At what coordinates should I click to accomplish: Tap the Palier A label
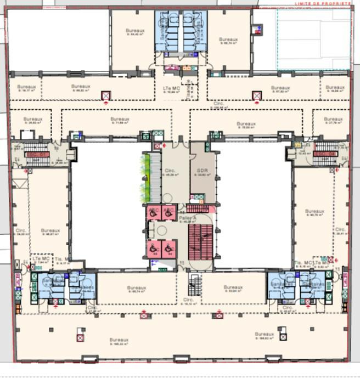pos(188,218)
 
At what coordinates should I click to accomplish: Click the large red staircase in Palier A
pos(200,242)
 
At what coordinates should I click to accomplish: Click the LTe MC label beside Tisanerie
pos(172,88)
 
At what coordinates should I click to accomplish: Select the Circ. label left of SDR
pos(170,171)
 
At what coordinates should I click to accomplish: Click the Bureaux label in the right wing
pos(314,211)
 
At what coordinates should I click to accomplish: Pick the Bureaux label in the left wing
pos(50,230)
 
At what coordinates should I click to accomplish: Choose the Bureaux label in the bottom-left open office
pos(119,340)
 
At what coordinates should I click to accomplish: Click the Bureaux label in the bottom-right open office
pos(264,334)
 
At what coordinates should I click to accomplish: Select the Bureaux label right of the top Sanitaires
pos(228,40)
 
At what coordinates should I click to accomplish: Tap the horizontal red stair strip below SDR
pos(198,208)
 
